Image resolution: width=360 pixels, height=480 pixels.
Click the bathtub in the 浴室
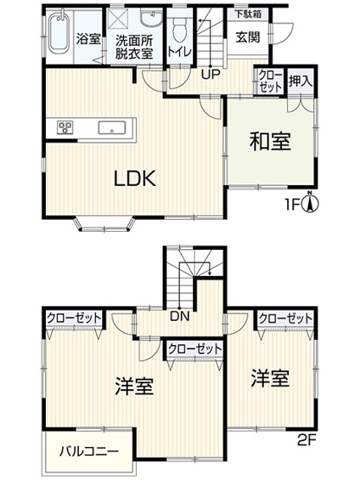(58, 35)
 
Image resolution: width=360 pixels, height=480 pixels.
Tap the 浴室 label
(87, 40)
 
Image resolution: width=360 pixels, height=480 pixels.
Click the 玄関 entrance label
(245, 39)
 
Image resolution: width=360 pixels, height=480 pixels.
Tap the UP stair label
(210, 73)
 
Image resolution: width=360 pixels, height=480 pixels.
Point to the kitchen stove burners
(65, 128)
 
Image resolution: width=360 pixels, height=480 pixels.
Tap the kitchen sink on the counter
(112, 128)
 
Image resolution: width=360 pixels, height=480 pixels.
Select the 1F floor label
(293, 206)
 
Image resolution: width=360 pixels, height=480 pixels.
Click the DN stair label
(180, 317)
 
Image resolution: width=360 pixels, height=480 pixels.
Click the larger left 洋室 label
(133, 386)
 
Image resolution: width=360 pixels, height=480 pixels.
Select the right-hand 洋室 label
(271, 379)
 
